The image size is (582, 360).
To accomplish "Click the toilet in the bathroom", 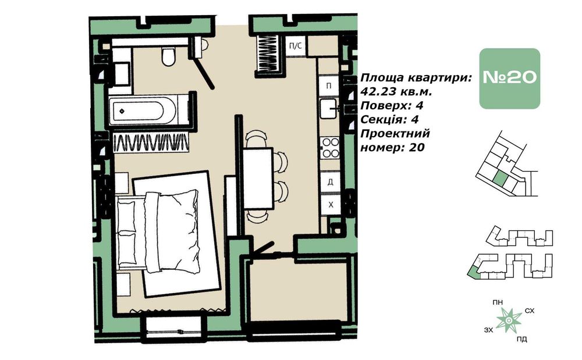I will click(x=168, y=57).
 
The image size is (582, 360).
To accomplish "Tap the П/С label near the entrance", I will click(x=295, y=45).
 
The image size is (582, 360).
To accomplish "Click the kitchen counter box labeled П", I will click(x=329, y=85).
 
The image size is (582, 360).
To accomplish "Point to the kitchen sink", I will click(x=329, y=108).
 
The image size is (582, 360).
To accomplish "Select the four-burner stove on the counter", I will click(x=330, y=147).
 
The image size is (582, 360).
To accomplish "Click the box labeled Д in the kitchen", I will click(x=330, y=181).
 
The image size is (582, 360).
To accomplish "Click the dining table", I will click(x=258, y=178).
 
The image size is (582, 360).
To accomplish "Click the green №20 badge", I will click(x=509, y=79).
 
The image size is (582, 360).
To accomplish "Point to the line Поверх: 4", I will click(x=389, y=106).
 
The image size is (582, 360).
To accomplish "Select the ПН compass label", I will click(x=497, y=302).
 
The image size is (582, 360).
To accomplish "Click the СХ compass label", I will click(x=530, y=311).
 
